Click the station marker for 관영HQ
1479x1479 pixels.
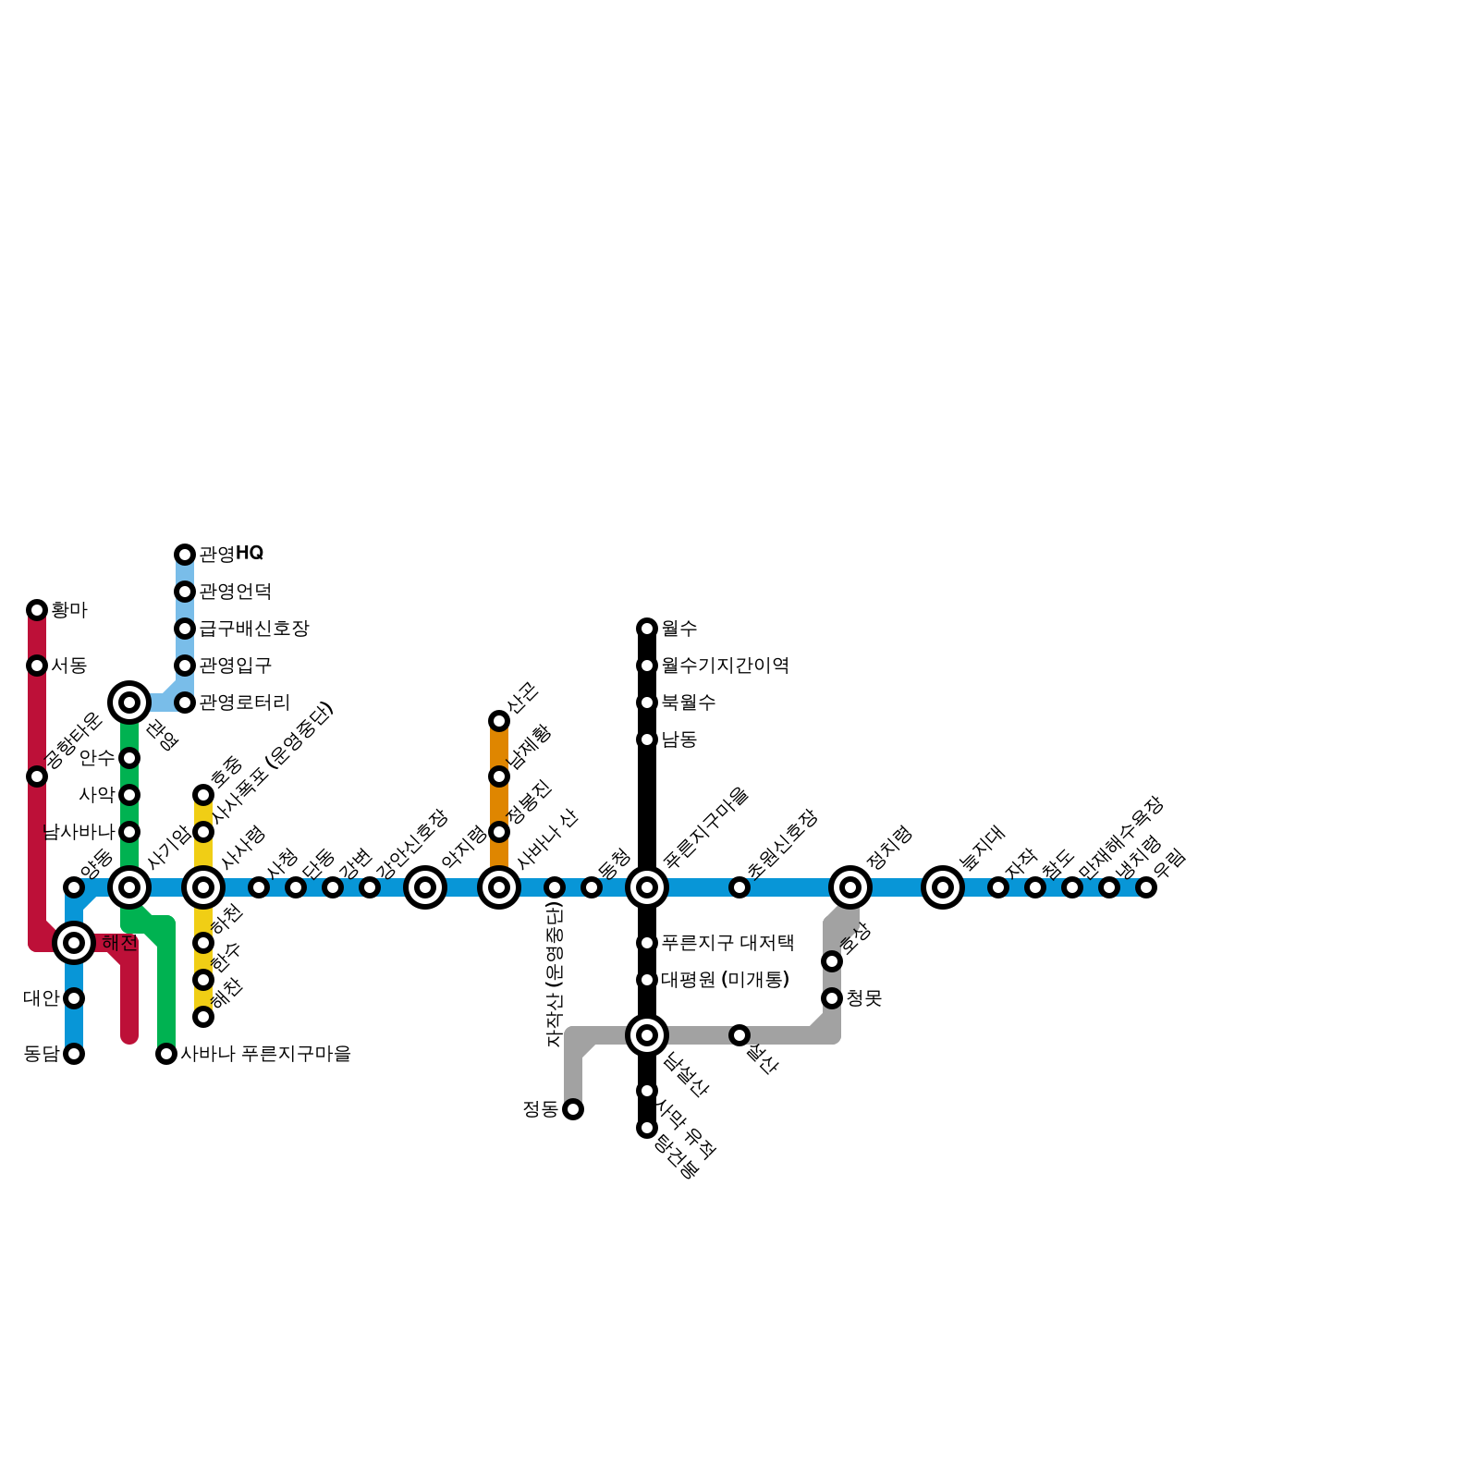185,555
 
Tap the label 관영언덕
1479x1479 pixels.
235,592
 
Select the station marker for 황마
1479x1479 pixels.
37,610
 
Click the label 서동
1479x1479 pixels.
68,666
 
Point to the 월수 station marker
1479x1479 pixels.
647,629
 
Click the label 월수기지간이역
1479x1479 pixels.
725,666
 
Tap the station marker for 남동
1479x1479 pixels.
647,739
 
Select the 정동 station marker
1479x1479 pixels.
573,1109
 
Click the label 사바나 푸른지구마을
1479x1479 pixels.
266,1054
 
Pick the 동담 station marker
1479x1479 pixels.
74,1054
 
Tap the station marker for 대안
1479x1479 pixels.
74,998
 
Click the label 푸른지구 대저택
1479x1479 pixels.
727,943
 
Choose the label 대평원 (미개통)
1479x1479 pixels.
726,980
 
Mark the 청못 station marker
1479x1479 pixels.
832,998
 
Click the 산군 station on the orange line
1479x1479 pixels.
499,721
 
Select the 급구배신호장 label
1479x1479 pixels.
254,629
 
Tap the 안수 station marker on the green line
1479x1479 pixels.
129,758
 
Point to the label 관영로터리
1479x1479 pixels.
245,703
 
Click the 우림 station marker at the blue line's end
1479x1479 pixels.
1146,887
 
